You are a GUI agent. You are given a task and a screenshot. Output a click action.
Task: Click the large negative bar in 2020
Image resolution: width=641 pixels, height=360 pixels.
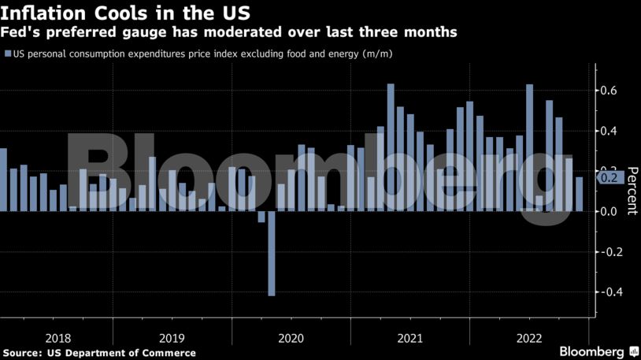pos(272,253)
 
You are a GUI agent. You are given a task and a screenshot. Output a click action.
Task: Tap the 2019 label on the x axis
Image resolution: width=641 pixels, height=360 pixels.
pos(172,338)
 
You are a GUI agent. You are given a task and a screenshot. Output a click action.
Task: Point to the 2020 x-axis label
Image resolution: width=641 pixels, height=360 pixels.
pos(291,338)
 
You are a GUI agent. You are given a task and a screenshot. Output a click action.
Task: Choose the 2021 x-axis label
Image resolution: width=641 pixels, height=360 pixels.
pos(409,338)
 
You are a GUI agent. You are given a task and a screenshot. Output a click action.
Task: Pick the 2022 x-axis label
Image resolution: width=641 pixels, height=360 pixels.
pos(528,338)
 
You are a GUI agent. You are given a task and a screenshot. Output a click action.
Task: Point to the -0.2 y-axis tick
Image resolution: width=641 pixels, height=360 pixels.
pos(609,252)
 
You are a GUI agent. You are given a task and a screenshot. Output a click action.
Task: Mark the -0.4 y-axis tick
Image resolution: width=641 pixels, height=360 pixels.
pos(609,292)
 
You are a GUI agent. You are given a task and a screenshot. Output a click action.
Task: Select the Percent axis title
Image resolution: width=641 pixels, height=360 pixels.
pos(632,193)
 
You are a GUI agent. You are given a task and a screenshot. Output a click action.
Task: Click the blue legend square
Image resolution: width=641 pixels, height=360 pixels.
pos(8,54)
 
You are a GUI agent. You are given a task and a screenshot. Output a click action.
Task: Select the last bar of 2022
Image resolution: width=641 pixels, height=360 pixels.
pos(579,194)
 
